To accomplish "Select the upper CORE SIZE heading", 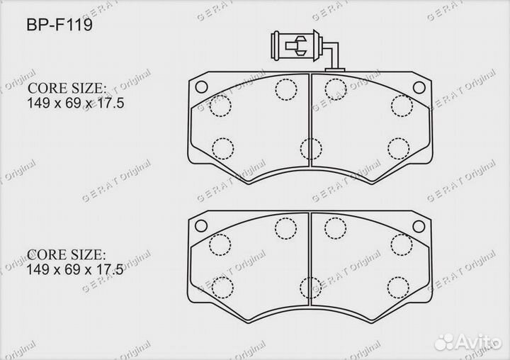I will click(x=67, y=89).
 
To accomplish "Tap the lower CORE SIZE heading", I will click(x=67, y=254).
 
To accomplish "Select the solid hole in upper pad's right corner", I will click(x=420, y=87).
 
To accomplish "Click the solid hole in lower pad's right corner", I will click(x=420, y=226).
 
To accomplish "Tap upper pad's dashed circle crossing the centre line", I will click(x=310, y=149).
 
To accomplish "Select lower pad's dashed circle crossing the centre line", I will click(x=310, y=288).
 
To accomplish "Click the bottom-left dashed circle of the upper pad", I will click(x=223, y=148).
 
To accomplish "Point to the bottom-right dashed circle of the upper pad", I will click(x=399, y=148).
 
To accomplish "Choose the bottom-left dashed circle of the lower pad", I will click(x=223, y=287).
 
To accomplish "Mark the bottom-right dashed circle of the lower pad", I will click(x=399, y=287).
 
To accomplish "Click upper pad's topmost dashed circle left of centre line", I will click(x=285, y=89).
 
